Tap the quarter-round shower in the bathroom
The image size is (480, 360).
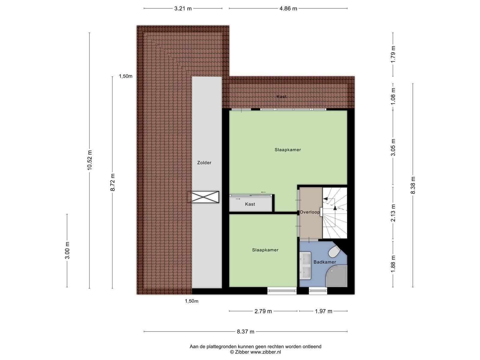tap(337, 276)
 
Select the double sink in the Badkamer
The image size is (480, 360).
tap(305, 265)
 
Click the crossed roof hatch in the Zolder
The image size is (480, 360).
tap(203, 197)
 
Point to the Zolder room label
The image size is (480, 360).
tap(204, 163)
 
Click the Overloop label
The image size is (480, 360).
tap(310, 212)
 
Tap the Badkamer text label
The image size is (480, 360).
tap(325, 262)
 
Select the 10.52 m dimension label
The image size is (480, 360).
tap(90, 160)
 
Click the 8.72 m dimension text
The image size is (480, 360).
tap(112, 182)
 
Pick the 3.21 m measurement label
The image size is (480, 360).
tap(183, 8)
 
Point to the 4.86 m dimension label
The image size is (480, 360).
tap(288, 8)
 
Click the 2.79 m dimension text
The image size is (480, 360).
tap(263, 311)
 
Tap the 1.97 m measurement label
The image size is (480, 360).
tap(323, 311)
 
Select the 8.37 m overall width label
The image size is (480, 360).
tap(246, 332)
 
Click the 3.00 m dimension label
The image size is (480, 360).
tap(67, 250)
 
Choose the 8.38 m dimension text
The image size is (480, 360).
tap(413, 185)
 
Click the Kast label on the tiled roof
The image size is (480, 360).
tap(281, 97)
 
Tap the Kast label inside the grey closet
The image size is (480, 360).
tap(250, 204)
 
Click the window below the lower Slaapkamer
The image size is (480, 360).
tap(282, 291)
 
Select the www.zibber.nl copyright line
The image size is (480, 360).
tap(255, 352)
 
